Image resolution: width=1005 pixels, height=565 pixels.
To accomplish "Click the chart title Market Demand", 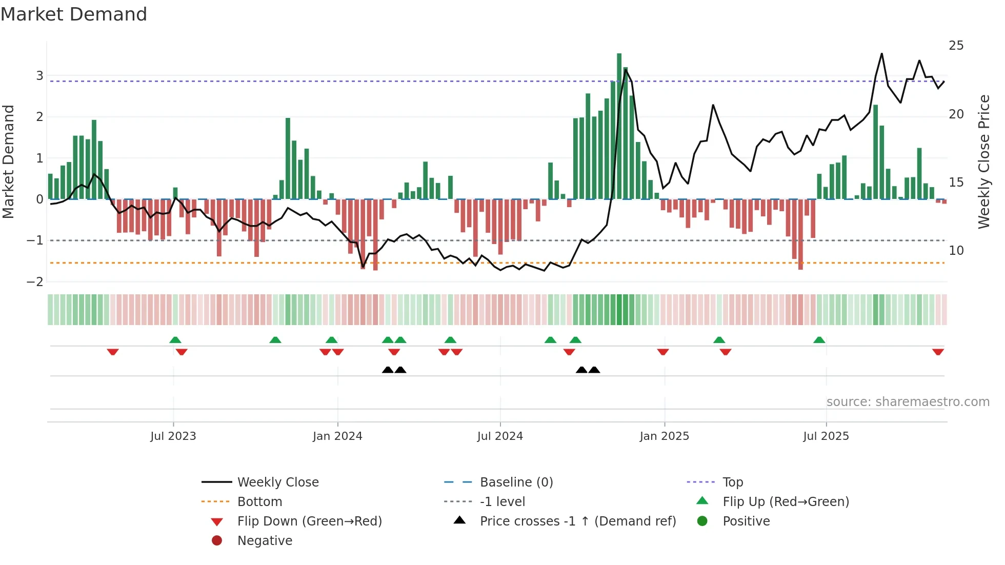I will click(74, 14).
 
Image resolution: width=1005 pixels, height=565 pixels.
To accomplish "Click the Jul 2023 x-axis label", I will click(173, 436).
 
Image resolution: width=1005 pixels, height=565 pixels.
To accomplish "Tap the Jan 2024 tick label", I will click(337, 436).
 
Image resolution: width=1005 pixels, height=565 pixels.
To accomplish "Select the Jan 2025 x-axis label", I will click(665, 436).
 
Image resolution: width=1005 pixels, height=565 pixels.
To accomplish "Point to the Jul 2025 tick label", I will click(826, 436).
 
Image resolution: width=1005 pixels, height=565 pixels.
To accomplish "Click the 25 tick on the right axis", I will click(956, 46).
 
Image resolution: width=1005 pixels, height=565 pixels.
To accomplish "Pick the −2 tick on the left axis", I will click(35, 282).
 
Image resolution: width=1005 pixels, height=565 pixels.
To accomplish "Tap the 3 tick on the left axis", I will click(39, 76).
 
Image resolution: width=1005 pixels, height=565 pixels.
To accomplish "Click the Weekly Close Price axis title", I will click(983, 162).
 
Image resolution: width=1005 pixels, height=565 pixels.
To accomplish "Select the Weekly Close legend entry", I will click(277, 482).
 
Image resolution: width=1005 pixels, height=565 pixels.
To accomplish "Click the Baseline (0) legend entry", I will click(516, 482).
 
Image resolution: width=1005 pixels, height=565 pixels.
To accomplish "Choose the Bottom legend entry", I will click(259, 502).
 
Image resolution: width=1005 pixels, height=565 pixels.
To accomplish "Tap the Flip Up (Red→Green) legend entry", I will click(786, 502).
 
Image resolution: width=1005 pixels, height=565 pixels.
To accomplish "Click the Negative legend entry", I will click(265, 541).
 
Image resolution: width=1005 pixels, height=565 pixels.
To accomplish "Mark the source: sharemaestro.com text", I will click(908, 402).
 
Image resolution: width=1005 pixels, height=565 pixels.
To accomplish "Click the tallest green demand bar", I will click(619, 126).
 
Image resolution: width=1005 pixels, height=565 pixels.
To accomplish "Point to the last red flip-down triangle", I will click(938, 352).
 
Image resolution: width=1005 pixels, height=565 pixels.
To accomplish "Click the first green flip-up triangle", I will click(175, 340).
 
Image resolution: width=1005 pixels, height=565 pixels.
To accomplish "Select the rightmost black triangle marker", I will click(594, 370).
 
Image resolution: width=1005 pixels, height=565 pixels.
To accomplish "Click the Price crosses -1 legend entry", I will click(577, 521).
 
